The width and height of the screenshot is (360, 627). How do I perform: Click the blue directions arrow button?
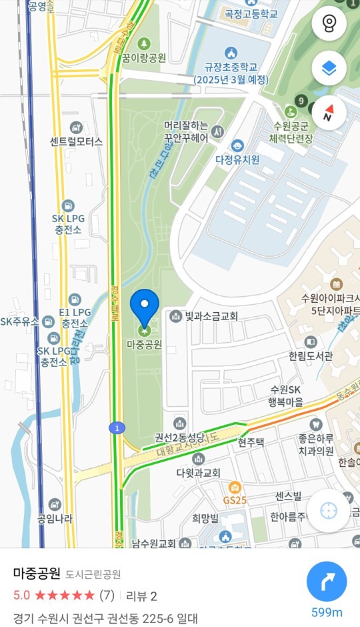(x=327, y=582)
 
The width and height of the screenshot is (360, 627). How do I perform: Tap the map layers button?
(x=329, y=67)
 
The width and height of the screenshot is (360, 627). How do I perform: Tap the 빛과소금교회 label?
(x=211, y=316)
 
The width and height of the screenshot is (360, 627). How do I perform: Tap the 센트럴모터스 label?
(x=76, y=141)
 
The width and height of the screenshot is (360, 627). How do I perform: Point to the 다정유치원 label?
(x=237, y=159)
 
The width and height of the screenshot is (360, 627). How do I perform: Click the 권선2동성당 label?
(x=181, y=438)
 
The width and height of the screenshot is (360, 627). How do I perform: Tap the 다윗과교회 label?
(x=199, y=472)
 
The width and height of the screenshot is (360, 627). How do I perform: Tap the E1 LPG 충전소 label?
(x=75, y=318)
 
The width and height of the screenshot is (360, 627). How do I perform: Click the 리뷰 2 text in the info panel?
(x=141, y=595)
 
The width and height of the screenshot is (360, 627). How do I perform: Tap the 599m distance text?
(x=327, y=613)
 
